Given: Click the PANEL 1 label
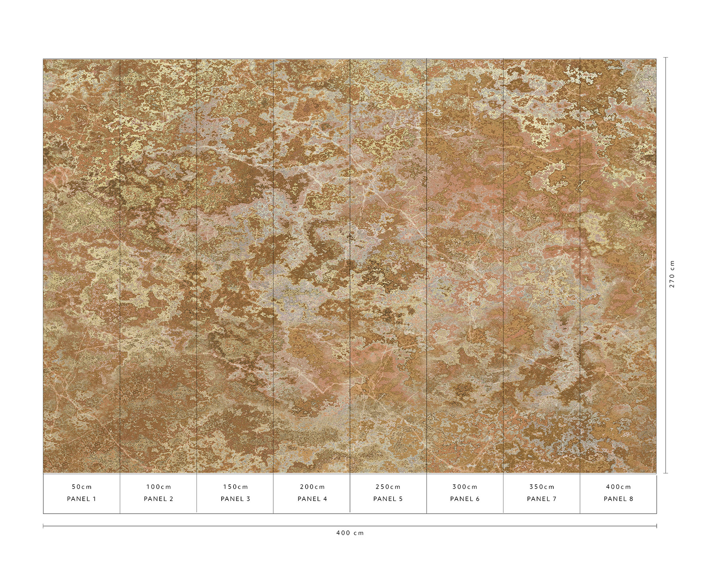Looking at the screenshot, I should [x=82, y=499].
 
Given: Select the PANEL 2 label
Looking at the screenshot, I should [x=158, y=499].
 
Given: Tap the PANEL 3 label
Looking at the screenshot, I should [x=235, y=499].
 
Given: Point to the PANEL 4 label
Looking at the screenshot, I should [x=312, y=499].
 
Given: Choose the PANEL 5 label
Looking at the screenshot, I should [x=388, y=499].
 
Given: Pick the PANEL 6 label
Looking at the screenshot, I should [x=465, y=499].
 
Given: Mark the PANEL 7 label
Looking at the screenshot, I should [x=541, y=499].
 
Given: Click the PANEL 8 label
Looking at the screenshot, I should [x=618, y=499].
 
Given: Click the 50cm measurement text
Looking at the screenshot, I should [x=82, y=487].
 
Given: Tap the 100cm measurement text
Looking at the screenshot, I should [x=158, y=487].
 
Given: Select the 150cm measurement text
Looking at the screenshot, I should [x=235, y=487].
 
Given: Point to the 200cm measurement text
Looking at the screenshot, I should [x=312, y=487].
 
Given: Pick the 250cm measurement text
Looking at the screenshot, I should [x=388, y=487].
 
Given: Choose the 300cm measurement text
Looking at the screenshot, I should [x=465, y=487].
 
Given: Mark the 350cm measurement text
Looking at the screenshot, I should [x=541, y=487].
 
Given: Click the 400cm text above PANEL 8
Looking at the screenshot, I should [x=618, y=487].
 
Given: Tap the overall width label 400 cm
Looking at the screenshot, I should [x=350, y=533].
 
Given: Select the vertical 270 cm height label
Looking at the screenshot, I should [x=672, y=274].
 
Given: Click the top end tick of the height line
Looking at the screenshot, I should [x=665, y=58].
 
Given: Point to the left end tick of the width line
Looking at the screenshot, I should [x=43, y=526].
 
